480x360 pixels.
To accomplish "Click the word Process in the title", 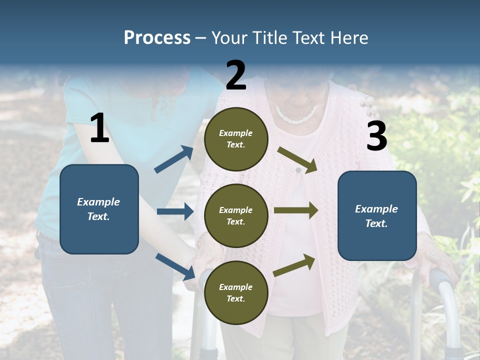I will click(x=157, y=37).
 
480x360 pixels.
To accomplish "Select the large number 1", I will click(x=99, y=128).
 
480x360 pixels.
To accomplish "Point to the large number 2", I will click(x=236, y=75).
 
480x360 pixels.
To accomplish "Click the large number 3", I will click(x=376, y=136).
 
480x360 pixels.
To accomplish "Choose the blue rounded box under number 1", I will click(x=99, y=209).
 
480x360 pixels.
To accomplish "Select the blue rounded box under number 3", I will click(x=377, y=216).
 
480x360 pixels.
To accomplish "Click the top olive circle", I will click(x=236, y=139).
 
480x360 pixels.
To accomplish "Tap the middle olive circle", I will click(x=236, y=216).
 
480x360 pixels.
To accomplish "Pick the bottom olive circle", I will click(x=236, y=293).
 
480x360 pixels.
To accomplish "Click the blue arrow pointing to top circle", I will click(x=174, y=159).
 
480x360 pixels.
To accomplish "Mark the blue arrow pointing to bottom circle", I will click(x=175, y=266).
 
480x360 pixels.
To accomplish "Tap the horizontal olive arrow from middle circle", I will click(x=296, y=210).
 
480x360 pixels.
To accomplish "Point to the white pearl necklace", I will click(x=296, y=116).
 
